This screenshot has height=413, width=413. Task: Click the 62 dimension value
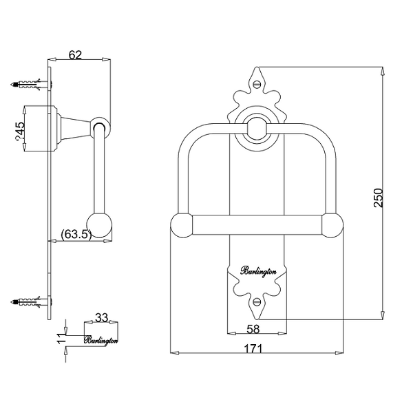point(76,55)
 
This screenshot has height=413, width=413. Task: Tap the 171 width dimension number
point(255,349)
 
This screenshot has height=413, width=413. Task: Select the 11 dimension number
point(61,335)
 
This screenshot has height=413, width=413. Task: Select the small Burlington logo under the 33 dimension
point(101,339)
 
